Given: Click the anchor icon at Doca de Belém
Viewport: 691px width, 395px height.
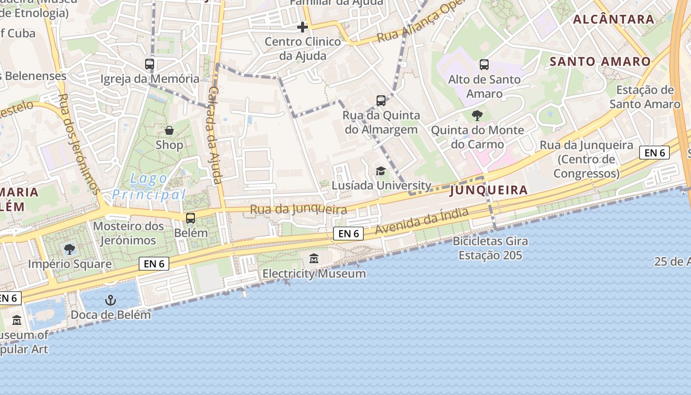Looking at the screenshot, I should coord(111,300).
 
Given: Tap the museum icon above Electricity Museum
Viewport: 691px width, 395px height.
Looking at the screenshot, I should coord(314,258).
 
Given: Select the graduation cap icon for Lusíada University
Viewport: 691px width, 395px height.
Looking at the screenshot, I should coord(381,171).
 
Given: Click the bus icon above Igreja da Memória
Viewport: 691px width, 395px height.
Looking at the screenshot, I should coord(150,64).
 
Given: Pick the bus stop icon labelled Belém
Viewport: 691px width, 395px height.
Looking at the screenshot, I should coord(191,218).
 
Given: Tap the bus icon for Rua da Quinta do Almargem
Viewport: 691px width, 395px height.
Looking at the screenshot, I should coord(381,101).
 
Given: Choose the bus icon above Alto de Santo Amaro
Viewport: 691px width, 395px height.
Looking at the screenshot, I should coord(484,64).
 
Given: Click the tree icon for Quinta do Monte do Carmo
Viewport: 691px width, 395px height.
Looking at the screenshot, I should coord(477,116).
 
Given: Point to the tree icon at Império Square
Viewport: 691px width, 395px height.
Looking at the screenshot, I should coord(70,249).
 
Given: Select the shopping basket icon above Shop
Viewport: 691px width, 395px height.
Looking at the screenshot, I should coord(169,130).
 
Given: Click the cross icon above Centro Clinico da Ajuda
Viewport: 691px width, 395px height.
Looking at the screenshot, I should coord(303,27).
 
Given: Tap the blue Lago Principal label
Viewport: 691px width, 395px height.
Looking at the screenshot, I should coord(148,187).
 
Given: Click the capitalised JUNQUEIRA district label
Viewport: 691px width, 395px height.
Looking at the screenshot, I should coord(489,190).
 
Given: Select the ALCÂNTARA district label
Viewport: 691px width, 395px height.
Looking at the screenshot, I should coord(614,20).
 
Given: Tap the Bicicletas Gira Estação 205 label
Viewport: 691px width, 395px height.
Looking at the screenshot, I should coord(490,248).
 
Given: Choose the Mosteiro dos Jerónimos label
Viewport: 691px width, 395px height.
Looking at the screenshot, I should coord(128,233).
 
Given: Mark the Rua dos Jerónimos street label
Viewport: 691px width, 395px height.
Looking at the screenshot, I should coord(78,144).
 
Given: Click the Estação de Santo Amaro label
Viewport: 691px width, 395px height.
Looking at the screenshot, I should coord(645,97).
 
